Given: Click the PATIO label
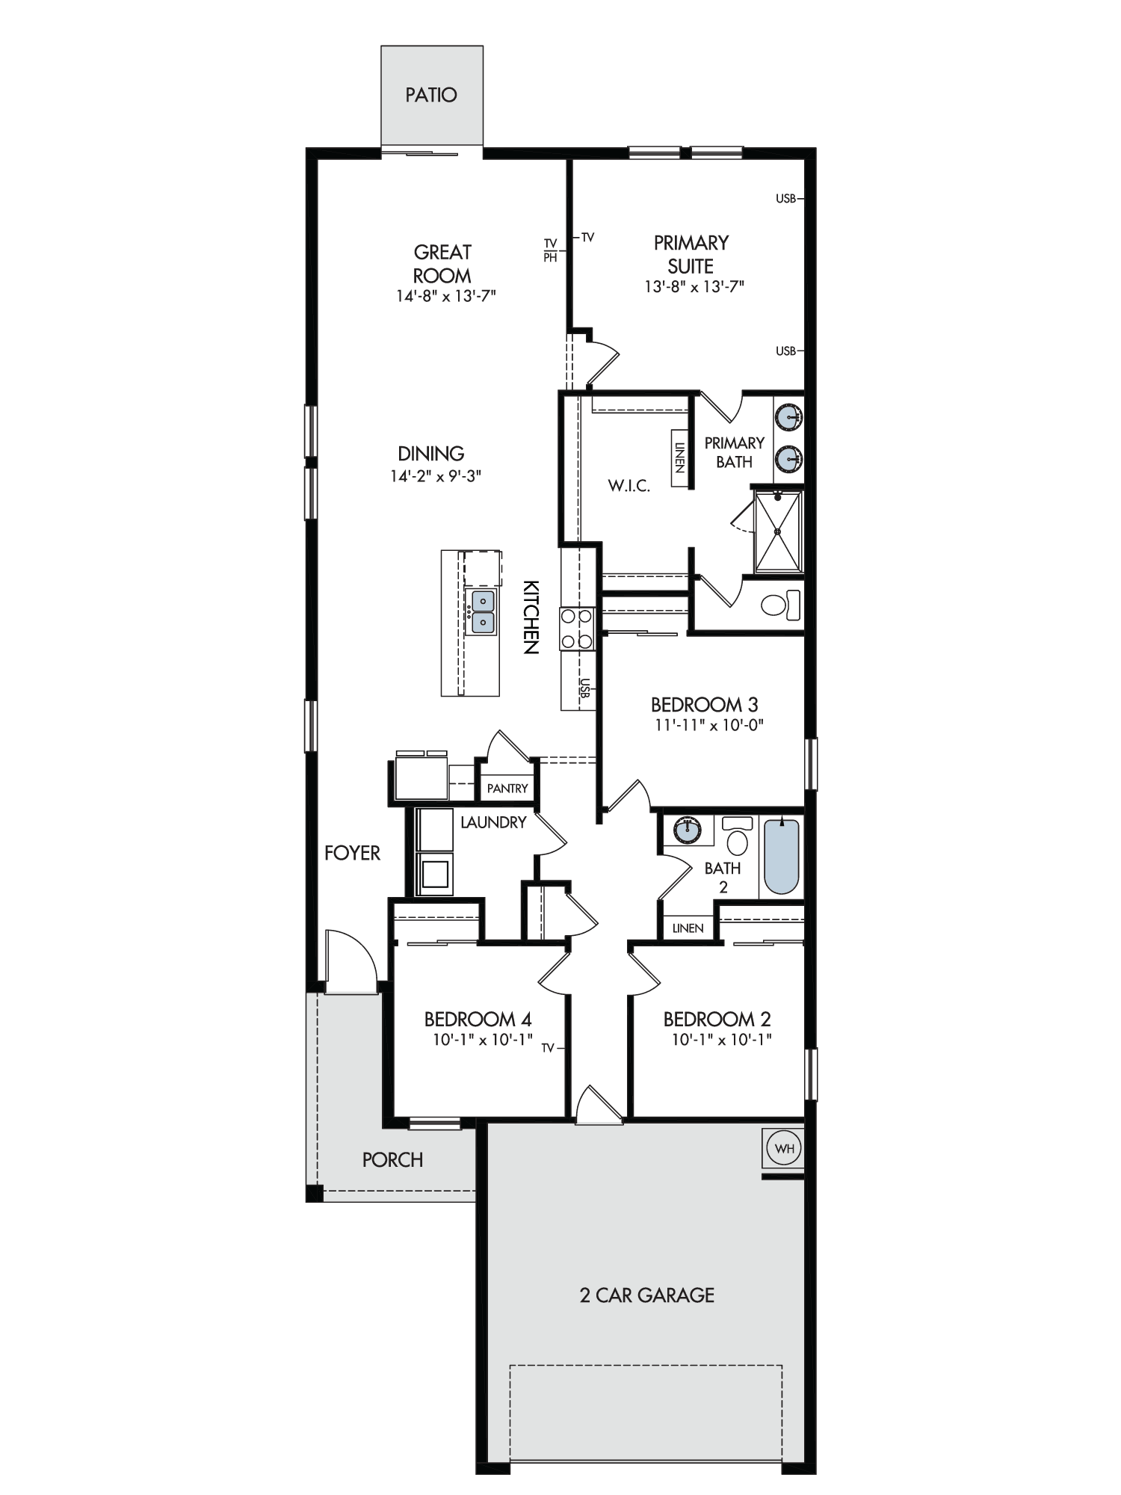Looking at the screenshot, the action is point(431,95).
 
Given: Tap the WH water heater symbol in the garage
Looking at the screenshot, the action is point(784,1148).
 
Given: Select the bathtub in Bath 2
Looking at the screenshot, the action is point(782,857).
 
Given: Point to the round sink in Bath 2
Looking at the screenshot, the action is point(687,829).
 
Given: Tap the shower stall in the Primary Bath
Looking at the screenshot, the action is point(778,531).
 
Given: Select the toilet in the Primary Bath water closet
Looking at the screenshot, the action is point(781,604).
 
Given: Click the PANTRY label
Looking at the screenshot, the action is point(507,788).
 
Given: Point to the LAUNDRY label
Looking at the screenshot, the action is point(493,822).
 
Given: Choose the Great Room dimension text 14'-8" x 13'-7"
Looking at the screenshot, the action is point(446,296).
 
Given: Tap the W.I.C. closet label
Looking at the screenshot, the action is point(629,486).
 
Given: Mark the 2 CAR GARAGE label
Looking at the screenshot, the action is point(647,1295).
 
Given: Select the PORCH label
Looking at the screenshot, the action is point(392,1160).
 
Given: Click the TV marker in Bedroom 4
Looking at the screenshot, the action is point(548,1048).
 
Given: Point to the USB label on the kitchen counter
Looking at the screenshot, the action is point(585,688).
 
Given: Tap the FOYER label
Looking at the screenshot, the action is point(352,853).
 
